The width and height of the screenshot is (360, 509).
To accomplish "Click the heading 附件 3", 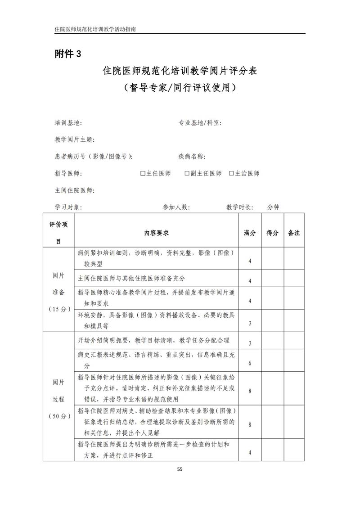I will click(x=68, y=54).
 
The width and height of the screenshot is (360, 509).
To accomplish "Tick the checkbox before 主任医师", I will click(x=143, y=173).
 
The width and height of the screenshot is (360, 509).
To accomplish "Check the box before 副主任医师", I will click(x=187, y=173).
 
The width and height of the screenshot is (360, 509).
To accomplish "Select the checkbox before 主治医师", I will click(x=231, y=173).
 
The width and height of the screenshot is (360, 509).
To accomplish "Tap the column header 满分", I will click(x=250, y=233).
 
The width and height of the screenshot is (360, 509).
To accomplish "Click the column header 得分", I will click(x=272, y=233).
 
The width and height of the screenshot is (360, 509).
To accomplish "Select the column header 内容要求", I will click(x=156, y=233).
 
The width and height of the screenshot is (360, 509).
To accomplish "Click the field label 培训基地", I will click(x=68, y=123).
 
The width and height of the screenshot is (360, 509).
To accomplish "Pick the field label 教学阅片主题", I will click(x=74, y=140).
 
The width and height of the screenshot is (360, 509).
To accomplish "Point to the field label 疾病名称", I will click(x=192, y=157).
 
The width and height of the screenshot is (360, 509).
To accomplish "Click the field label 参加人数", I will click(x=176, y=207).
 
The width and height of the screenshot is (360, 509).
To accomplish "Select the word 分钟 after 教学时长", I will click(x=273, y=207).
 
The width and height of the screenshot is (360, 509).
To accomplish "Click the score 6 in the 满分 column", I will click(x=250, y=363).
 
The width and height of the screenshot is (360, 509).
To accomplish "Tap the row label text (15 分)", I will click(x=59, y=309).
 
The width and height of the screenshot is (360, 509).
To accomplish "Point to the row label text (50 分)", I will click(x=59, y=416).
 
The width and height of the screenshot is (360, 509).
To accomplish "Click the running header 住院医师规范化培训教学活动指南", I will click(x=95, y=28).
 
